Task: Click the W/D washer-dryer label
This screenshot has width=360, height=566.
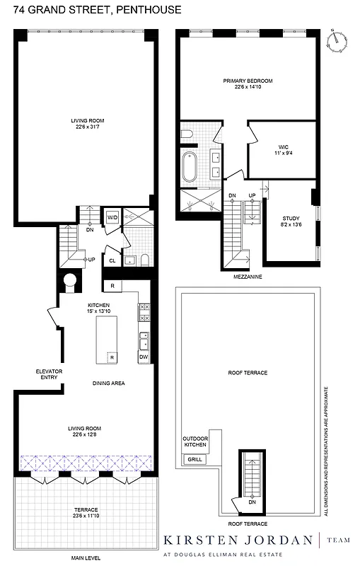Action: (x=112, y=217)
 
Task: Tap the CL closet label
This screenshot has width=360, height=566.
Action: (x=112, y=260)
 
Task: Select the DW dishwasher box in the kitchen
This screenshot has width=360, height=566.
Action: (x=143, y=357)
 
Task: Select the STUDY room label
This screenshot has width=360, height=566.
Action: (x=291, y=219)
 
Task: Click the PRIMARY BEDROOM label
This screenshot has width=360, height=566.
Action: (x=248, y=81)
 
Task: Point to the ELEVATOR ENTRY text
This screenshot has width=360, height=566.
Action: (x=50, y=374)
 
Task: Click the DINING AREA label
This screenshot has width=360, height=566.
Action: (x=108, y=383)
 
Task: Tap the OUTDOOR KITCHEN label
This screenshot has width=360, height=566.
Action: (x=195, y=441)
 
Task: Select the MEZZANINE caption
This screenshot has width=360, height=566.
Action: (x=247, y=277)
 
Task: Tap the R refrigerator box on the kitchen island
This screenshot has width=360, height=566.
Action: (x=112, y=357)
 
